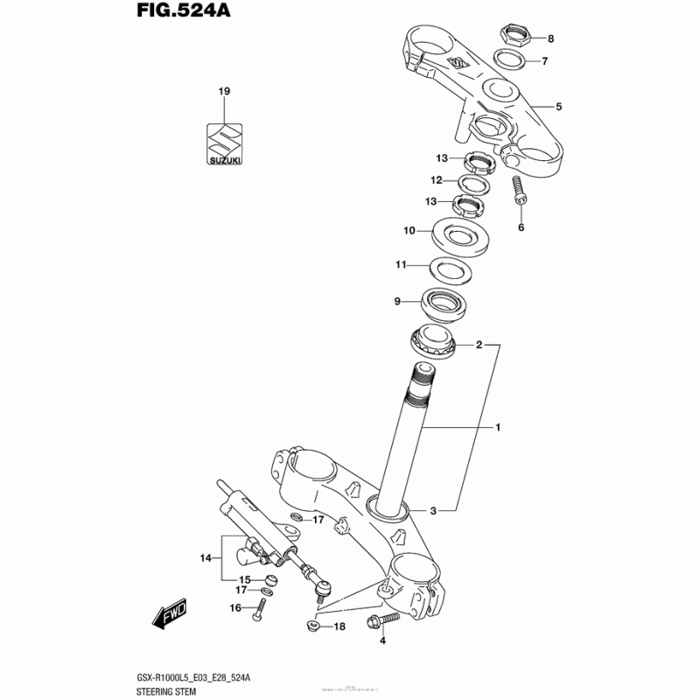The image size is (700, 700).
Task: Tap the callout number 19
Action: point(224,92)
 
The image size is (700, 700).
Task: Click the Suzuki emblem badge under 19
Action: point(225,143)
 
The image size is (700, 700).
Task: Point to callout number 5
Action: point(558,107)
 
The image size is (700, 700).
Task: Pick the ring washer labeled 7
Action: point(509,60)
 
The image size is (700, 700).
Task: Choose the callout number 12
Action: point(435,179)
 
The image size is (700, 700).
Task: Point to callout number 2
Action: point(479,345)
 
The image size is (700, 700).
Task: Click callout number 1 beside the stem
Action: point(497,428)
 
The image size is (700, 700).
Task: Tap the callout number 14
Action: point(206,556)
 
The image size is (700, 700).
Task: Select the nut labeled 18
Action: point(311,626)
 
